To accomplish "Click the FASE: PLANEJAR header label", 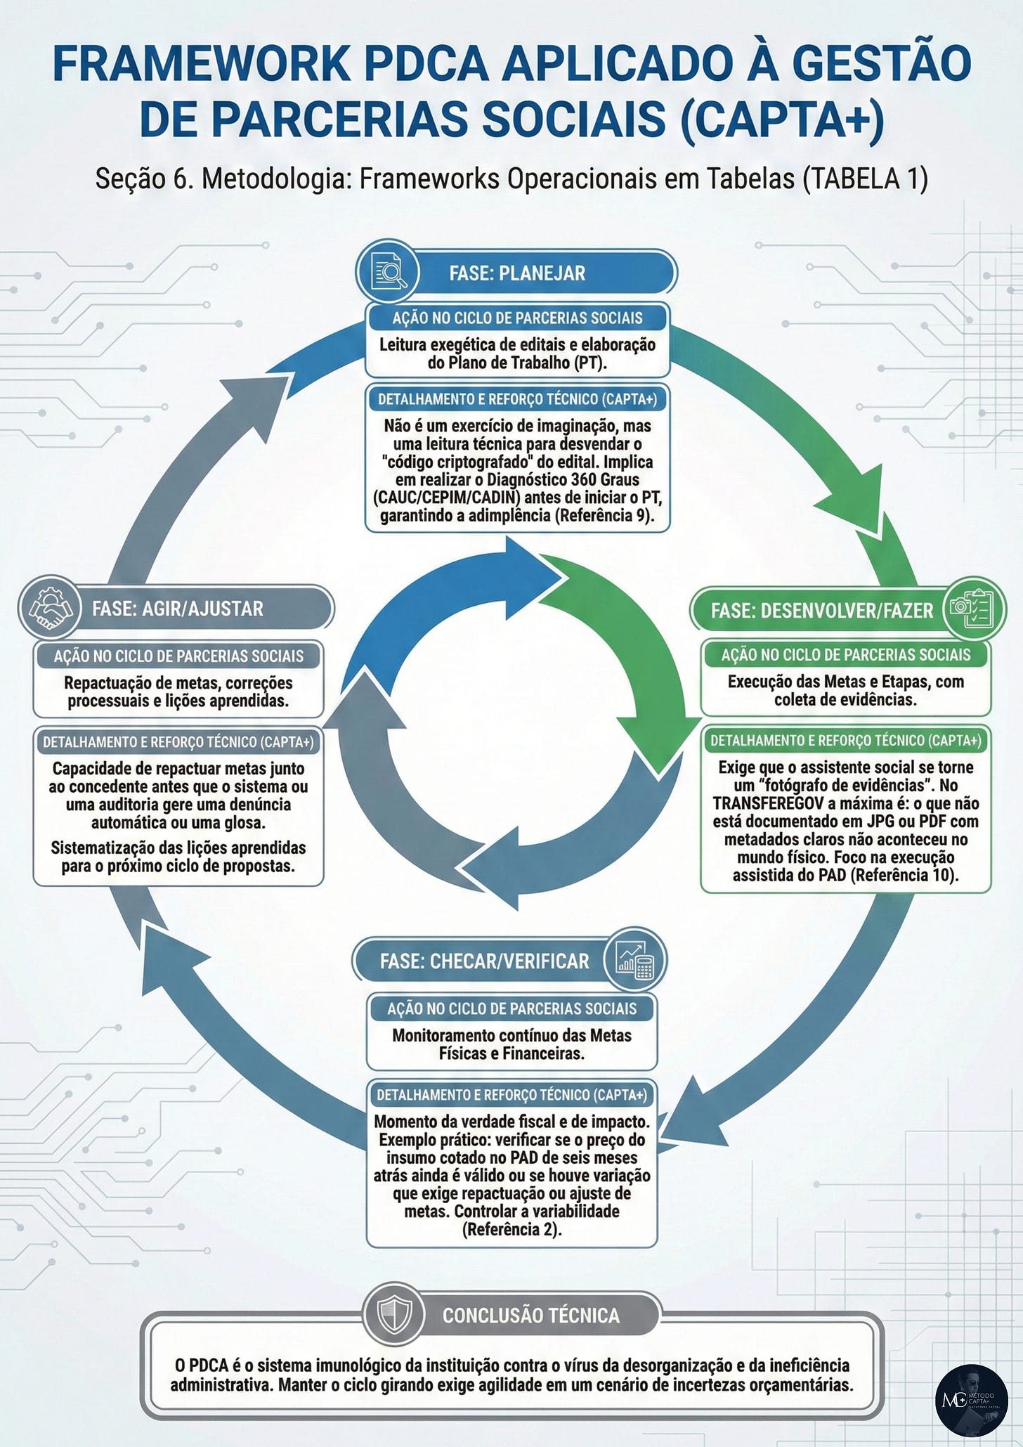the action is (517, 273).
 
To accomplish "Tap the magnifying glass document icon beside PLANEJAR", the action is (388, 272).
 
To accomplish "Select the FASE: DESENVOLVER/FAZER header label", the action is (821, 611).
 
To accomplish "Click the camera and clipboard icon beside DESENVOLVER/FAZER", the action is (973, 608).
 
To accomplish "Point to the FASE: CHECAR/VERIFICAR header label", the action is (484, 961).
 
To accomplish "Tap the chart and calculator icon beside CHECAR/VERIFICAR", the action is (634, 959).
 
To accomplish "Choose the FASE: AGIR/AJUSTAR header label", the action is (178, 609).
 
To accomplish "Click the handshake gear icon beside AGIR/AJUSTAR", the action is (51, 607).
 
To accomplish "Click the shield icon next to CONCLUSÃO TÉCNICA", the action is (394, 1313).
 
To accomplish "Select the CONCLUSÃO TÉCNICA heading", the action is (531, 1316).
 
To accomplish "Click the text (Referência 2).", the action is (511, 1229).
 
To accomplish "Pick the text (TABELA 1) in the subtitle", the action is (865, 179).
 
